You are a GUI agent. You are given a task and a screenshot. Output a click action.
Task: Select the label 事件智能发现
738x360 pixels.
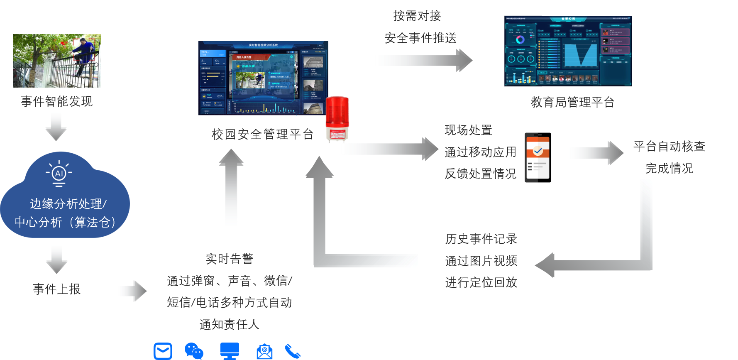56,101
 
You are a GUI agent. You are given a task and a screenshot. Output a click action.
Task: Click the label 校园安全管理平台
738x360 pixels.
262,134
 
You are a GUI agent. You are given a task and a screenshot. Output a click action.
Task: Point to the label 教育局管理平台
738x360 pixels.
572,102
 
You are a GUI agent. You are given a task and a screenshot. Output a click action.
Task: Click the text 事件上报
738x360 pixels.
56,289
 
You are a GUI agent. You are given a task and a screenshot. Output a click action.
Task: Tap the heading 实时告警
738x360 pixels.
229,259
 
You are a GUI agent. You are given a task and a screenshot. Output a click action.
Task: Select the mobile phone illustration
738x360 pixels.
537,158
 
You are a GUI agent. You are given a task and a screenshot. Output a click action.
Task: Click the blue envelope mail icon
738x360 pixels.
163,351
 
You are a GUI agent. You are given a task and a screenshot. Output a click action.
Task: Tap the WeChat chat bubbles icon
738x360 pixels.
194,351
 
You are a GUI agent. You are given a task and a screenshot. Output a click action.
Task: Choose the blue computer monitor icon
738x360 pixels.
230,351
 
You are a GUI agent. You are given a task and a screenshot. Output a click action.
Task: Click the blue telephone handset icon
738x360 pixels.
293,351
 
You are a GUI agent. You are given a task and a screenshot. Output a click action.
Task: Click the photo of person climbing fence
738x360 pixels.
57,61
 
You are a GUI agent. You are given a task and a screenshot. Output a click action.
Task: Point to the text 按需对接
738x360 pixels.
417,16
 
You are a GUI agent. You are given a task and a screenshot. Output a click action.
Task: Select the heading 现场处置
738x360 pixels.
468,130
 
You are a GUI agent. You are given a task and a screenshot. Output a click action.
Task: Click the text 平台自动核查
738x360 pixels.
669,146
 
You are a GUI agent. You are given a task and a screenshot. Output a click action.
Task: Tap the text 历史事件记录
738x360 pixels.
481,239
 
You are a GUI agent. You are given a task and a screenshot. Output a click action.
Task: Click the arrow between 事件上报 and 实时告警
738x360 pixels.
132,291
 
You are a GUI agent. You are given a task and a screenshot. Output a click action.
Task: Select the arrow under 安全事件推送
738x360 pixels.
422,61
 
